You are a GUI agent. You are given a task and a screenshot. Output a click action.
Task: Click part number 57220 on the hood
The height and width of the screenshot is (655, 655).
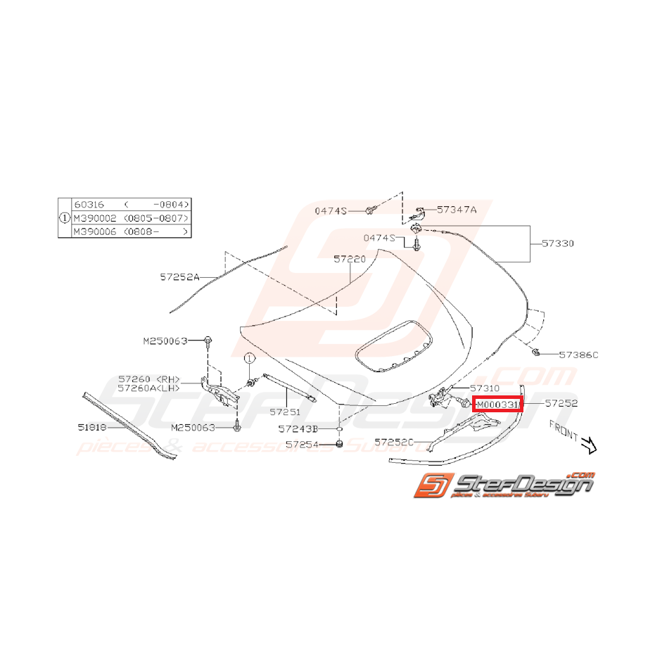point(350,260)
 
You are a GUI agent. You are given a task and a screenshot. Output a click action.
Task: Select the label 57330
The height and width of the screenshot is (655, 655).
point(558,243)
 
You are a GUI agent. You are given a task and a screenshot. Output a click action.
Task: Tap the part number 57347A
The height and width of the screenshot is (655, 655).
point(457,209)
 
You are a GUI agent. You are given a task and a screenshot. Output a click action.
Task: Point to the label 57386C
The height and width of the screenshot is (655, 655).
point(578,355)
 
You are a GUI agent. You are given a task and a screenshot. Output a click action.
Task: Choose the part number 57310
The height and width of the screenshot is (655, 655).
point(485,388)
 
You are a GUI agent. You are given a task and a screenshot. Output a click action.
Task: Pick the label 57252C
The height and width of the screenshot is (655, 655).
point(395,443)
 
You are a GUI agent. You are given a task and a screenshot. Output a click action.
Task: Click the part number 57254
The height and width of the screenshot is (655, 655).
point(302,444)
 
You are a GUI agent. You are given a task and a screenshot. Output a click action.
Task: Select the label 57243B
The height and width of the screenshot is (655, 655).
point(298,428)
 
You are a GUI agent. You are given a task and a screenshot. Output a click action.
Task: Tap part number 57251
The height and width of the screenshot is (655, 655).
point(286,411)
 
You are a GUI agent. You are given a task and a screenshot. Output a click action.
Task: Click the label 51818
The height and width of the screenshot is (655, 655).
point(92,426)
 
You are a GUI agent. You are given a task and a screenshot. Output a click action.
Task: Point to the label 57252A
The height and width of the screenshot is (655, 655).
point(180,278)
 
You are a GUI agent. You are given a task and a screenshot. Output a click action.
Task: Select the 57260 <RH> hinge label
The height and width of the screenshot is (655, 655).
point(149,379)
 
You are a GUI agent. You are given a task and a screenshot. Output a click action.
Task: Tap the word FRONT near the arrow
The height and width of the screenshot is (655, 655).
point(563,431)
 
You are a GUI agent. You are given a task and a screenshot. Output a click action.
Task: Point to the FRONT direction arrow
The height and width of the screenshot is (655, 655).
point(587,445)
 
